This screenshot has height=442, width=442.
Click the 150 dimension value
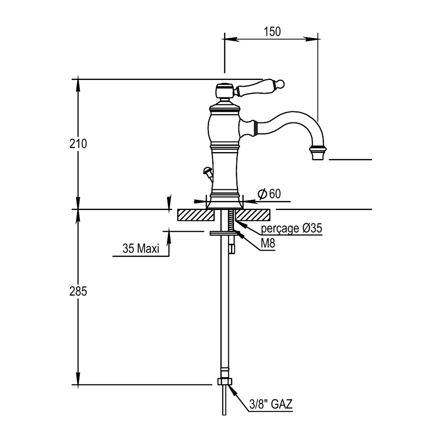(x=272, y=32)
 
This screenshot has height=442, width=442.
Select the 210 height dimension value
(x=78, y=144)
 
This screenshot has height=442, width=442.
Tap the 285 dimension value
(x=78, y=292)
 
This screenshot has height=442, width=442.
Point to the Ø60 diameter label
(x=269, y=194)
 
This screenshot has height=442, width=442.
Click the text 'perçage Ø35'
(x=291, y=228)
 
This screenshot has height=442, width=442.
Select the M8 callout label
(x=268, y=243)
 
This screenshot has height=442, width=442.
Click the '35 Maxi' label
(x=141, y=248)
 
